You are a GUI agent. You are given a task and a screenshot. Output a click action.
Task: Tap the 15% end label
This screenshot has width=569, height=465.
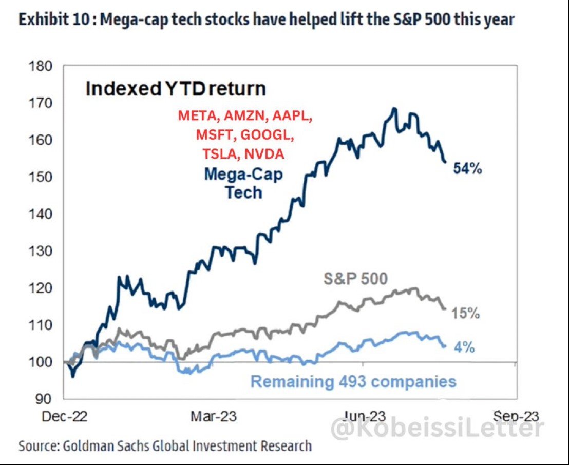[465, 313]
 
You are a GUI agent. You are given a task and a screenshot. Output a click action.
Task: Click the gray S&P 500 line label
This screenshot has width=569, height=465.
[355, 280]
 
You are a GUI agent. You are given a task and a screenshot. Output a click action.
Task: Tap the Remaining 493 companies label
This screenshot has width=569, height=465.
[353, 381]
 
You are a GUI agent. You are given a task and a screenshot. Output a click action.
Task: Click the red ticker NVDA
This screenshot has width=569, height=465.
[267, 154]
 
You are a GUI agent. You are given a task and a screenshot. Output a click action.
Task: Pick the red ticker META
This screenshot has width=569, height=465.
[198, 116]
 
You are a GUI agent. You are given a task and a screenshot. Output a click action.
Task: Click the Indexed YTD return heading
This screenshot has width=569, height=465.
[176, 89]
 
